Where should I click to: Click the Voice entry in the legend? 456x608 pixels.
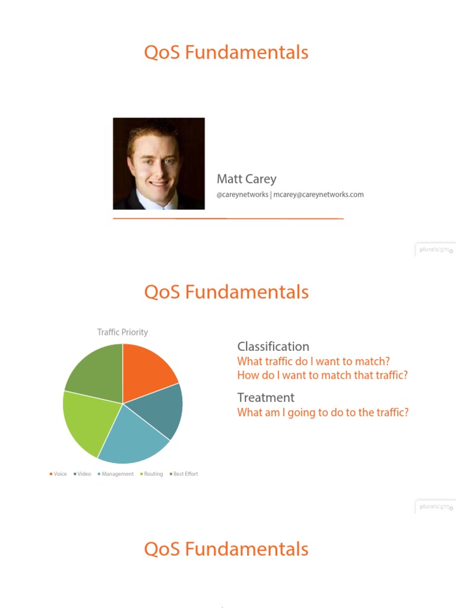pos(58,474)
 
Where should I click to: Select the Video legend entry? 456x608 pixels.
pos(83,474)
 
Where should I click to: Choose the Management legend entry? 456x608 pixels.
pos(116,474)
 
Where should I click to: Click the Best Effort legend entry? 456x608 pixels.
pos(184,474)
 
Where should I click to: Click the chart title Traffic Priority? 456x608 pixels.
pos(122,332)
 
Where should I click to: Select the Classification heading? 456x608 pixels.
pos(273,347)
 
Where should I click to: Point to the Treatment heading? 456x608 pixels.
pos(265,398)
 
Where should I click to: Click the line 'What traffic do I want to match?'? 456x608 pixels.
pos(313,362)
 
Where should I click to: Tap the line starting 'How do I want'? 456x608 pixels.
pos(322,375)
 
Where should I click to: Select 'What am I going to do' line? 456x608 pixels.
pos(322,413)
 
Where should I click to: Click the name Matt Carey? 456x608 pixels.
pos(246,179)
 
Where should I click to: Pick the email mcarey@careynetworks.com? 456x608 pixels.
pos(318,195)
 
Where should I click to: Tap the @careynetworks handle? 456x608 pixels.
pos(242,195)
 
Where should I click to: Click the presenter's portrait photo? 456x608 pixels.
pos(159,163)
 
